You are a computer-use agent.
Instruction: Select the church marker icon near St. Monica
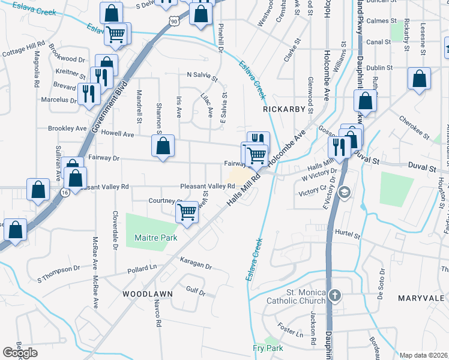pyautogui.click(x=335, y=295)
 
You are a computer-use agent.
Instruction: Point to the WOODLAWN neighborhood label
pyautogui.click(x=148, y=294)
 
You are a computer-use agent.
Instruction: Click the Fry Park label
pyautogui.click(x=268, y=348)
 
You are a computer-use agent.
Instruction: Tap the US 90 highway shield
pyautogui.click(x=173, y=21)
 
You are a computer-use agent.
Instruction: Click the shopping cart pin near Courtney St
pyautogui.click(x=187, y=211)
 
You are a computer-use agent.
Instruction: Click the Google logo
pyautogui.click(x=20, y=353)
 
